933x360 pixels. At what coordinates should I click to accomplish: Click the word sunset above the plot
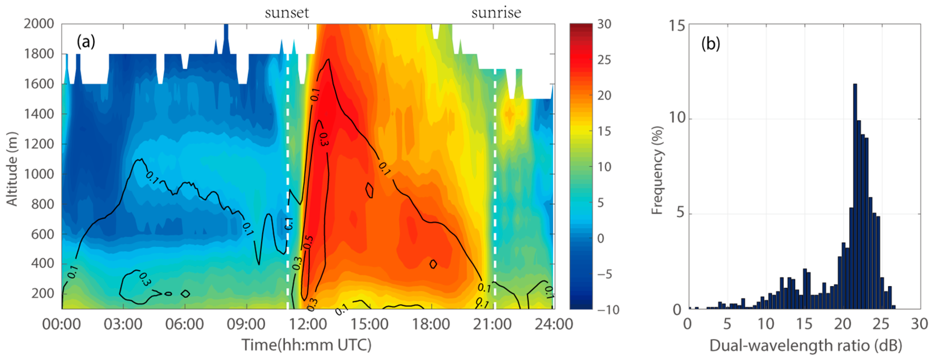287,13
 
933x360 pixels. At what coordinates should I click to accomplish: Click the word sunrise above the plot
496,13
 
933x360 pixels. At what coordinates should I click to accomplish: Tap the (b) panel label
711,44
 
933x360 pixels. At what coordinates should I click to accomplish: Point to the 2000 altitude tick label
39,24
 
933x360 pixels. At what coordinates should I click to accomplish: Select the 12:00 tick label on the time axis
308,324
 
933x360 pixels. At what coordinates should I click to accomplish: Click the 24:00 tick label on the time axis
554,324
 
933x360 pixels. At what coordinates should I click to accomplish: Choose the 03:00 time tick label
123,324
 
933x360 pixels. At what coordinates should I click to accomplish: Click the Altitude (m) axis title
12,169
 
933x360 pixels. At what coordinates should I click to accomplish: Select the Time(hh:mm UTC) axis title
306,345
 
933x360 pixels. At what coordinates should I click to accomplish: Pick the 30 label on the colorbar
604,24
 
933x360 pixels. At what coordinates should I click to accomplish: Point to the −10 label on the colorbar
608,310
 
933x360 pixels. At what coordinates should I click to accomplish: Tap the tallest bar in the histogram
855,196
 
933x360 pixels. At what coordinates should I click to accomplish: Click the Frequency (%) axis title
657,170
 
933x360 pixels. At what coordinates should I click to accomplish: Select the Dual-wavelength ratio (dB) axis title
805,346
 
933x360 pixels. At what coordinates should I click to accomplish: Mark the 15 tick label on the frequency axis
676,26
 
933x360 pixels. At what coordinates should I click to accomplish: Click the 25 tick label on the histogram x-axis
881,324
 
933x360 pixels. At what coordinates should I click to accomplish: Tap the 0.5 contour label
308,242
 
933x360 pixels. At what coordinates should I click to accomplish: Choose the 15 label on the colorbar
604,131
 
